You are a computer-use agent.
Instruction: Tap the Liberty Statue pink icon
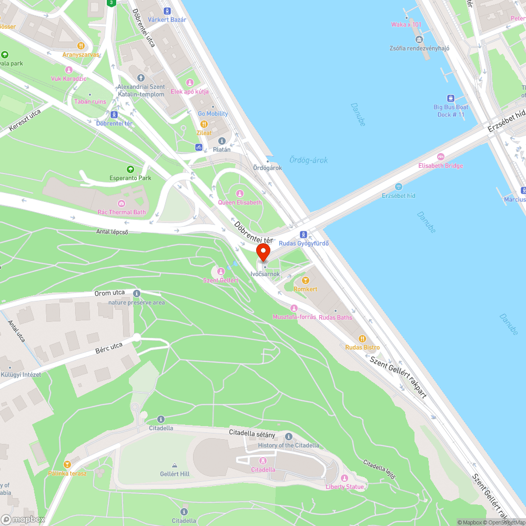tap(345, 478)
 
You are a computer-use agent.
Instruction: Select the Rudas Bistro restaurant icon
tap(362, 339)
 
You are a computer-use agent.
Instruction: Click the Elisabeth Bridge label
tap(440, 166)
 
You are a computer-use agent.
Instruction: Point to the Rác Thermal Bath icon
tap(122, 204)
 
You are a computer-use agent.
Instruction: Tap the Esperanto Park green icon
tap(130, 169)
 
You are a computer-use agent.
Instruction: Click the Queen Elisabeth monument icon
tap(240, 194)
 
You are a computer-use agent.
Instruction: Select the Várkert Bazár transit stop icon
tap(167, 11)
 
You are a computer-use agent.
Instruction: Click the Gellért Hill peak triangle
tap(175, 465)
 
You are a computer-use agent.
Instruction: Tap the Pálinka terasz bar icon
tap(67, 464)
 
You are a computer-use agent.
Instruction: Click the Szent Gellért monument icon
tap(220, 271)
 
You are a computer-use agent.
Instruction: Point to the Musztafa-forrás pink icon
tap(294, 308)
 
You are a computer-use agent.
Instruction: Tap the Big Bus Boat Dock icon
tap(451, 98)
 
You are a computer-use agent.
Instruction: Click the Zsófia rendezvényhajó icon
tap(419, 39)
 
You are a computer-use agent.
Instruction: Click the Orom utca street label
tap(109, 292)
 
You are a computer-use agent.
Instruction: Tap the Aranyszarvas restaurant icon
tap(81, 46)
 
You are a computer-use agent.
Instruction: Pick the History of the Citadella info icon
tap(288, 437)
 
